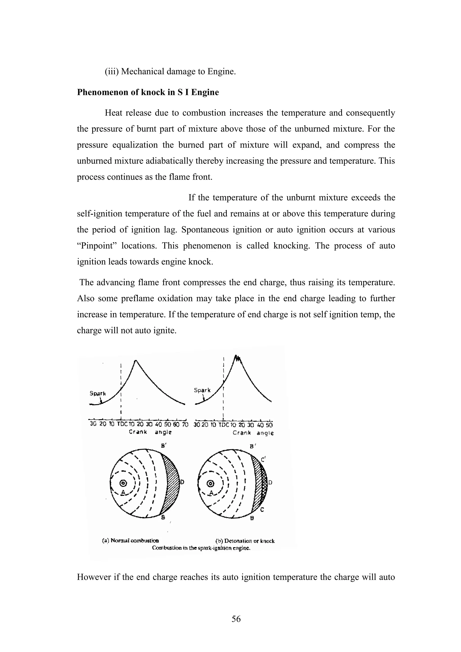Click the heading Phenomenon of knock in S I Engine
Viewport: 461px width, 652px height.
[x=148, y=92]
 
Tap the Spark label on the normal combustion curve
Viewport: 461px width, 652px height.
[x=97, y=394]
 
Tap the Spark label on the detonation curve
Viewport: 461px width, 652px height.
[x=202, y=390]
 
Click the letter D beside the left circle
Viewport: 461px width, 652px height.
[x=182, y=482]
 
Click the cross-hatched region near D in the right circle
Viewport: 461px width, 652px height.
[x=264, y=483]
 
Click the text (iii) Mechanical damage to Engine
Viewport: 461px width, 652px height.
[x=170, y=72]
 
